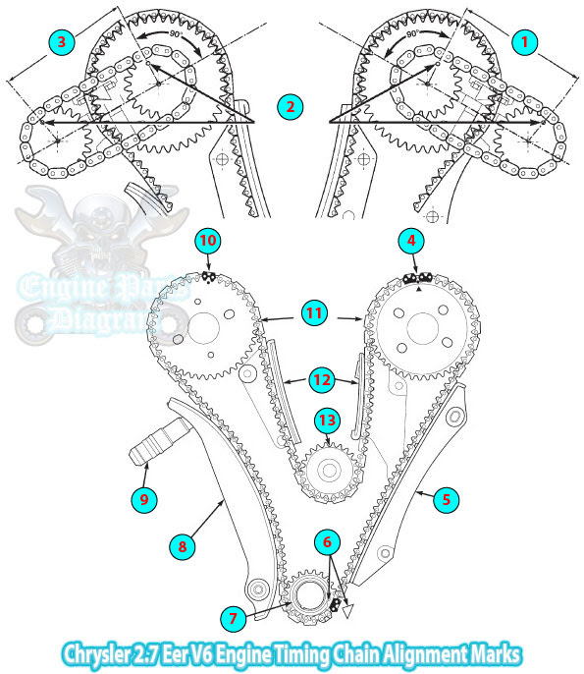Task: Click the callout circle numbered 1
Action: coord(524,42)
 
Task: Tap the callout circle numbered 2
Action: coord(291,106)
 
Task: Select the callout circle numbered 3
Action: coord(62,42)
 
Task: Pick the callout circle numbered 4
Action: coord(411,241)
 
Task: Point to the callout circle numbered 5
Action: coord(447,499)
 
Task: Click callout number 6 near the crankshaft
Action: coord(327,542)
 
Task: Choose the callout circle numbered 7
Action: coord(234,619)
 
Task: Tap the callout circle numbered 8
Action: coord(183,546)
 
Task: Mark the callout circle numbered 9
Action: coord(144,499)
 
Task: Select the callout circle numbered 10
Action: coord(208,241)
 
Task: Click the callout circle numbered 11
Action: coord(314,312)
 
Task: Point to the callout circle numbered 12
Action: coord(322,380)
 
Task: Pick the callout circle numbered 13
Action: coord(327,420)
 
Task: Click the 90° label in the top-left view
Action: coord(176,34)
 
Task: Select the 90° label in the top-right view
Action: coord(412,34)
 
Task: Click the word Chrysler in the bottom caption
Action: coord(96,654)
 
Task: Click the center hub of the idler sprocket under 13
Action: coord(330,471)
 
